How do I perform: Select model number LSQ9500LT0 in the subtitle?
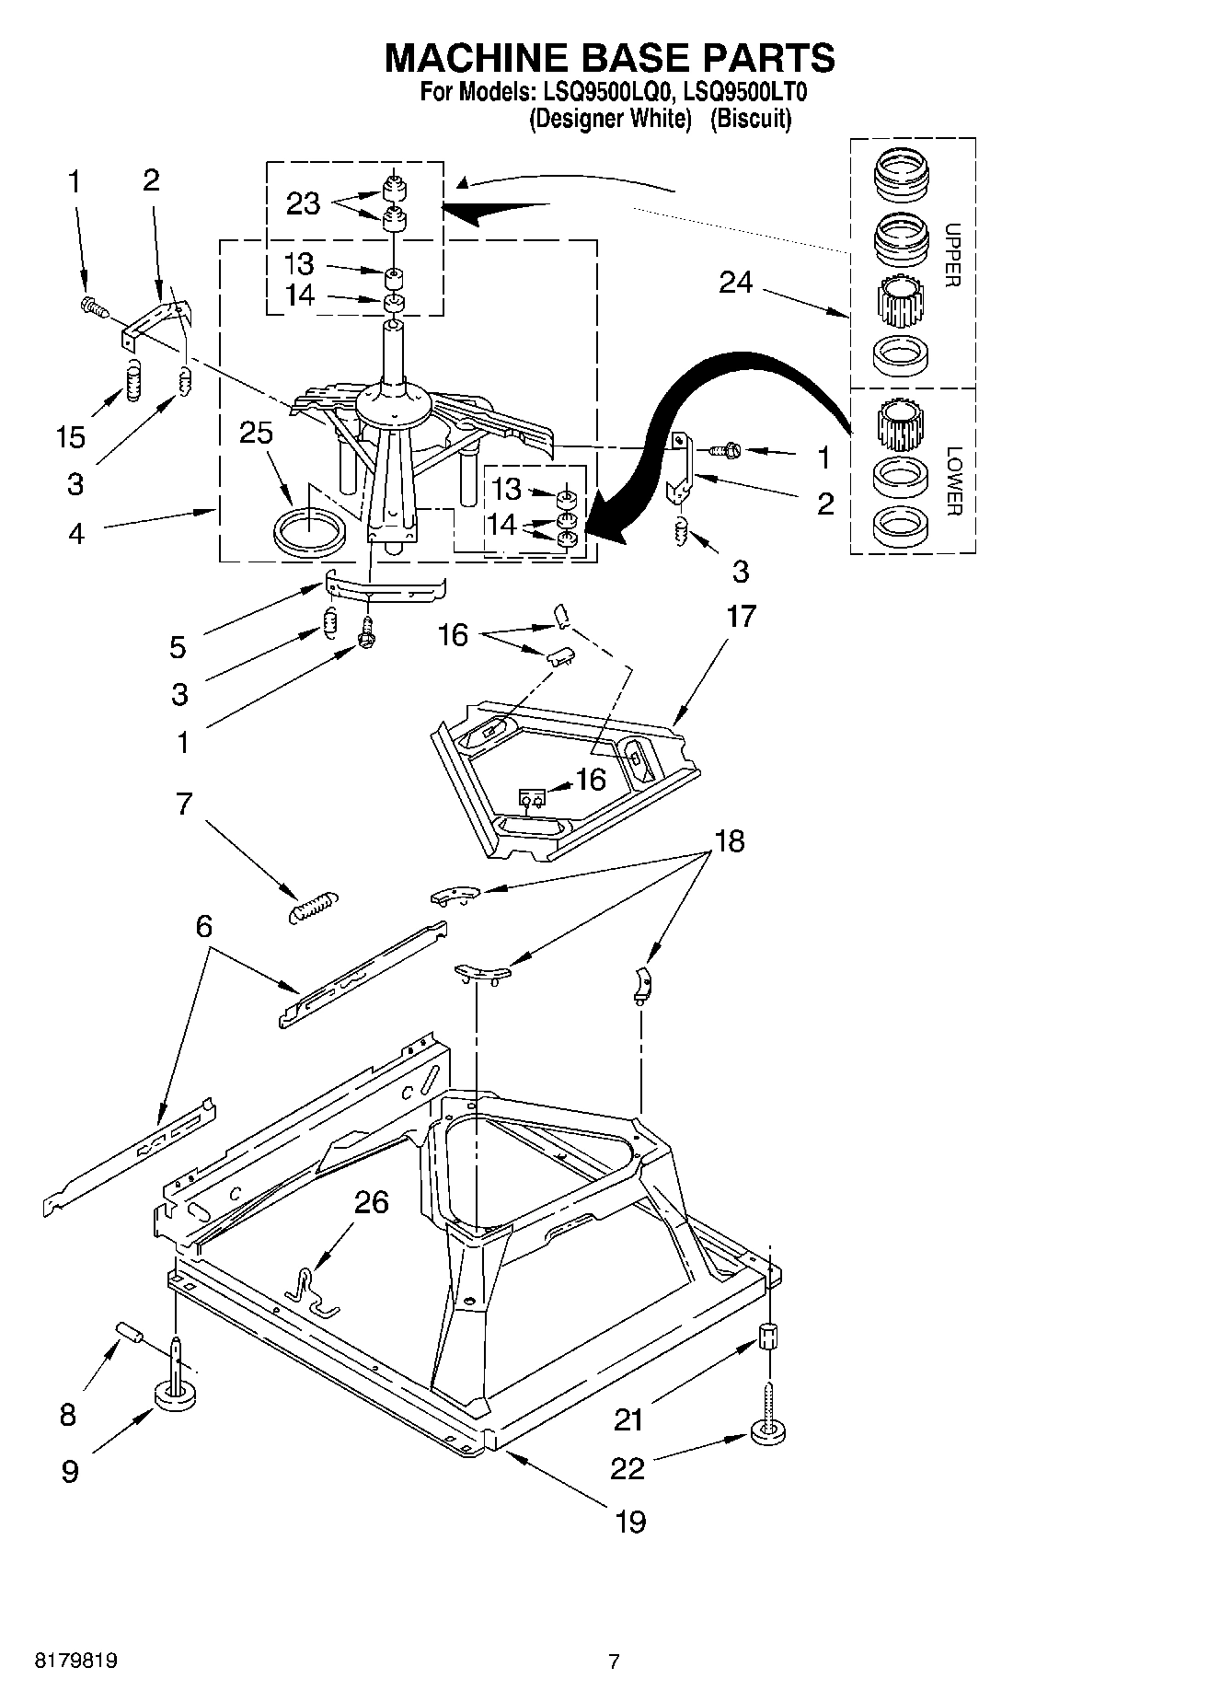(746, 92)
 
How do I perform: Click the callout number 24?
(736, 283)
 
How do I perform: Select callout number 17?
(741, 616)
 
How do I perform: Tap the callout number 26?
(371, 1202)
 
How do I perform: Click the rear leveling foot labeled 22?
(769, 1430)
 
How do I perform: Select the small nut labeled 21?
(769, 1336)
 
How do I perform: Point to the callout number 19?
(630, 1521)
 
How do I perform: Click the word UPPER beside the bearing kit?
(952, 255)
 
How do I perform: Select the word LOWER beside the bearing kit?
(952, 480)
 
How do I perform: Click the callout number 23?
(303, 203)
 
